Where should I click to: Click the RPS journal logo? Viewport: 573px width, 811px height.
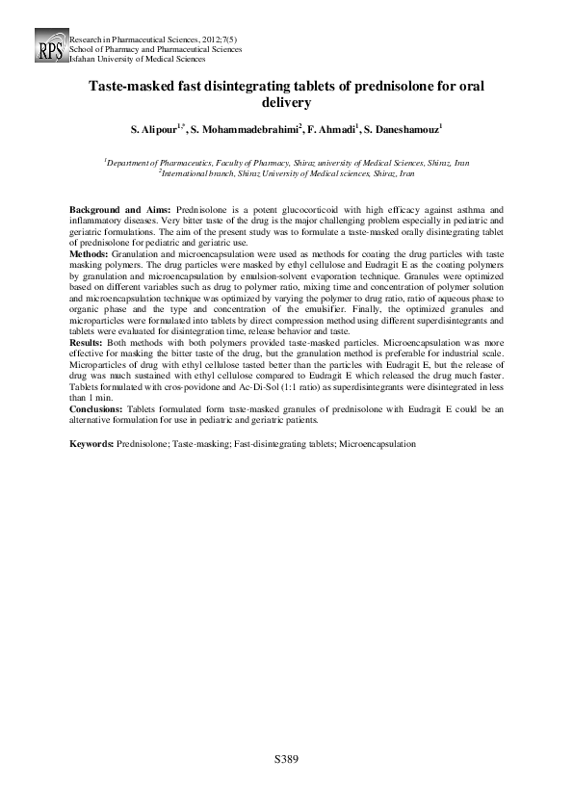48,48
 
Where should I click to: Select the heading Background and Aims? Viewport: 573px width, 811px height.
119,209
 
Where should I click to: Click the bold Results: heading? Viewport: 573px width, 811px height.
90,370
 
